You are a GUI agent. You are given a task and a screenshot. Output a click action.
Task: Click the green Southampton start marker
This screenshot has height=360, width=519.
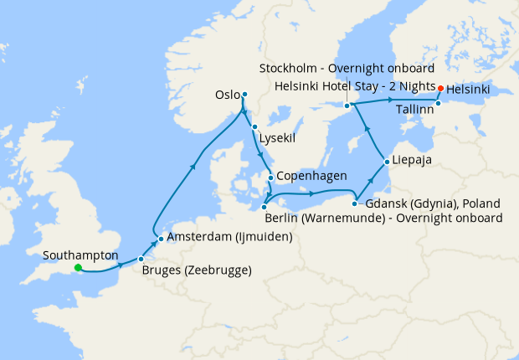77,268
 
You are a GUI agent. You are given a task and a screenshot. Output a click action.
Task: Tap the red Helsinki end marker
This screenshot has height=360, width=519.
440,87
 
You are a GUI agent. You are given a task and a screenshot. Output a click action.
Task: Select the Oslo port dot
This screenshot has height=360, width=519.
244,94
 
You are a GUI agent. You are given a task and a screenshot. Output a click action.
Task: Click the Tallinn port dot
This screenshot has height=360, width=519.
438,103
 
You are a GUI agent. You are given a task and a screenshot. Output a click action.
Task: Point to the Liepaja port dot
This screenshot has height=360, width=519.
386,161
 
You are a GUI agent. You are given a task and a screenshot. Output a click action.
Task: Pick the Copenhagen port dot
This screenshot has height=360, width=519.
270,177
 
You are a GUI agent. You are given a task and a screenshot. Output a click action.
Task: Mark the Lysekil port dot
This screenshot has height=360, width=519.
254,126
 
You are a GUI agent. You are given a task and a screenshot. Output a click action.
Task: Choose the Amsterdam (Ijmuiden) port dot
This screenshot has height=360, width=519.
161,238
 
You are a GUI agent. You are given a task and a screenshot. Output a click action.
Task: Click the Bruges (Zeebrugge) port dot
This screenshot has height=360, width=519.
141,260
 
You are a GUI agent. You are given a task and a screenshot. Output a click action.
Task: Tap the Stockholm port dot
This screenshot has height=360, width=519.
347,105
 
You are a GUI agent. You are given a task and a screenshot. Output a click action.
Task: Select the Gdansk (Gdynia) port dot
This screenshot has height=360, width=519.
356,203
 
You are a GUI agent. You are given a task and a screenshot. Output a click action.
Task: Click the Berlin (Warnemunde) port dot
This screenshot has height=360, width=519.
265,206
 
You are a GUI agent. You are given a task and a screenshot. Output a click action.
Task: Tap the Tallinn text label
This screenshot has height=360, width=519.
414,110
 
